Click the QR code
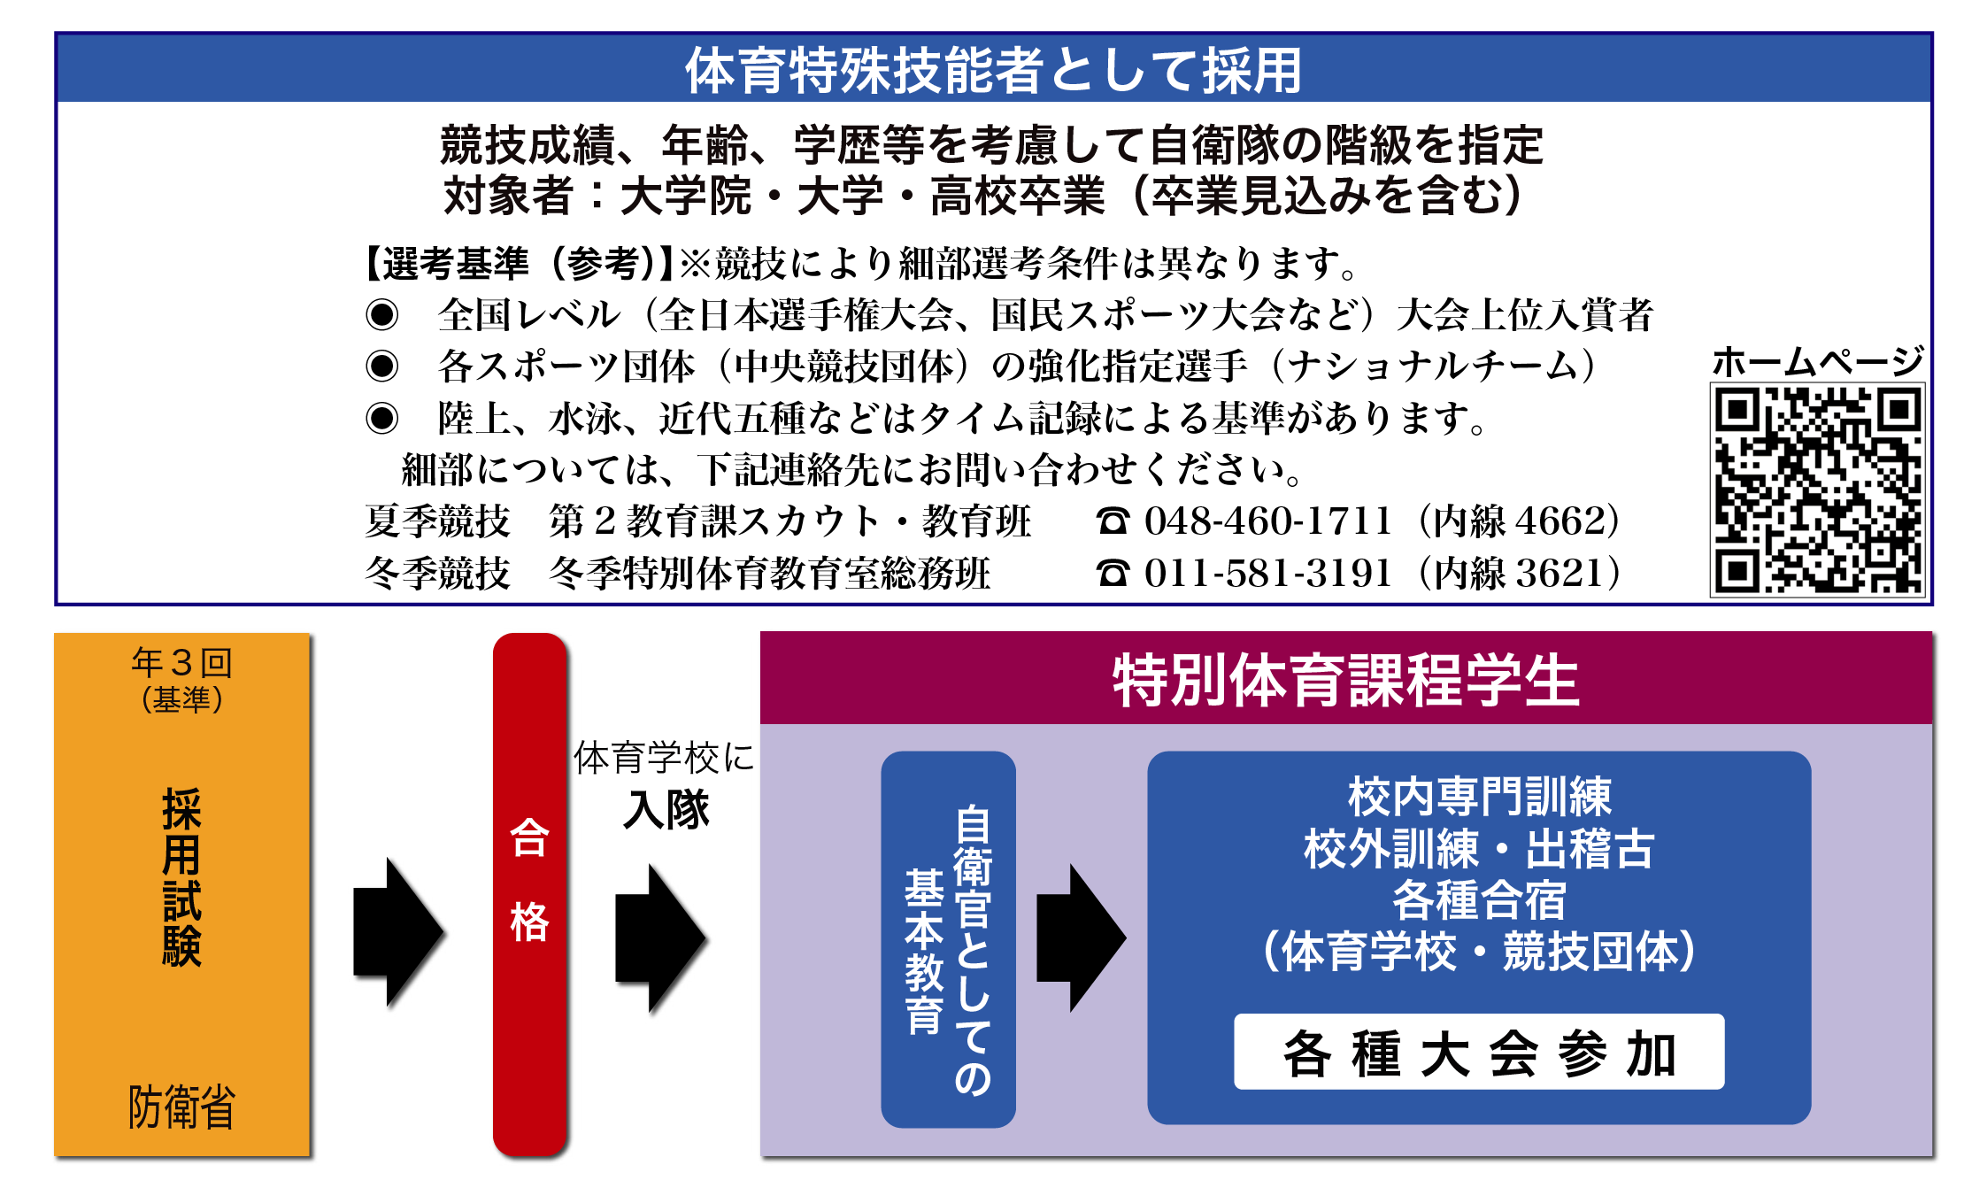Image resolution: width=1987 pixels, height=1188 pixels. click(1818, 490)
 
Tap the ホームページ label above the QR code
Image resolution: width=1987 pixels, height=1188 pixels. click(1818, 361)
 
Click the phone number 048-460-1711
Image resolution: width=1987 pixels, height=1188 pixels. click(1267, 521)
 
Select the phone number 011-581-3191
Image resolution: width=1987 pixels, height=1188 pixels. click(1267, 573)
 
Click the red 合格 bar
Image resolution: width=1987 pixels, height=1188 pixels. click(529, 894)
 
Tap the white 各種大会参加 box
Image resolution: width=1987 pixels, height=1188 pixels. click(1479, 1052)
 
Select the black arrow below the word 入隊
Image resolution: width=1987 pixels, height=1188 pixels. click(660, 938)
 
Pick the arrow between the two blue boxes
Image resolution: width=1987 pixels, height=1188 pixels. click(1081, 937)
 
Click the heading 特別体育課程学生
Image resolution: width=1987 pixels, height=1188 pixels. click(1345, 680)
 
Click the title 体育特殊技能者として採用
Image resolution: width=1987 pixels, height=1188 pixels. click(993, 70)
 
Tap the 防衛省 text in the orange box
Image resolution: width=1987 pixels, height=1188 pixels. click(182, 1107)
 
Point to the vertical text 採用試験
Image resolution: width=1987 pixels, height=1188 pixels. click(182, 876)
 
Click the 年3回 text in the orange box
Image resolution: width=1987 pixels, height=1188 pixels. click(182, 662)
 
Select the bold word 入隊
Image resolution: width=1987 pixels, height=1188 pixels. click(666, 809)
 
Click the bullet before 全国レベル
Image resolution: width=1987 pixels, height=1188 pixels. click(382, 314)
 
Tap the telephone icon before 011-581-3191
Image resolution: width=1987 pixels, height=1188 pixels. click(1113, 574)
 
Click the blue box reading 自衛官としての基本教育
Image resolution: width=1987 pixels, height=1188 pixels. click(948, 939)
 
